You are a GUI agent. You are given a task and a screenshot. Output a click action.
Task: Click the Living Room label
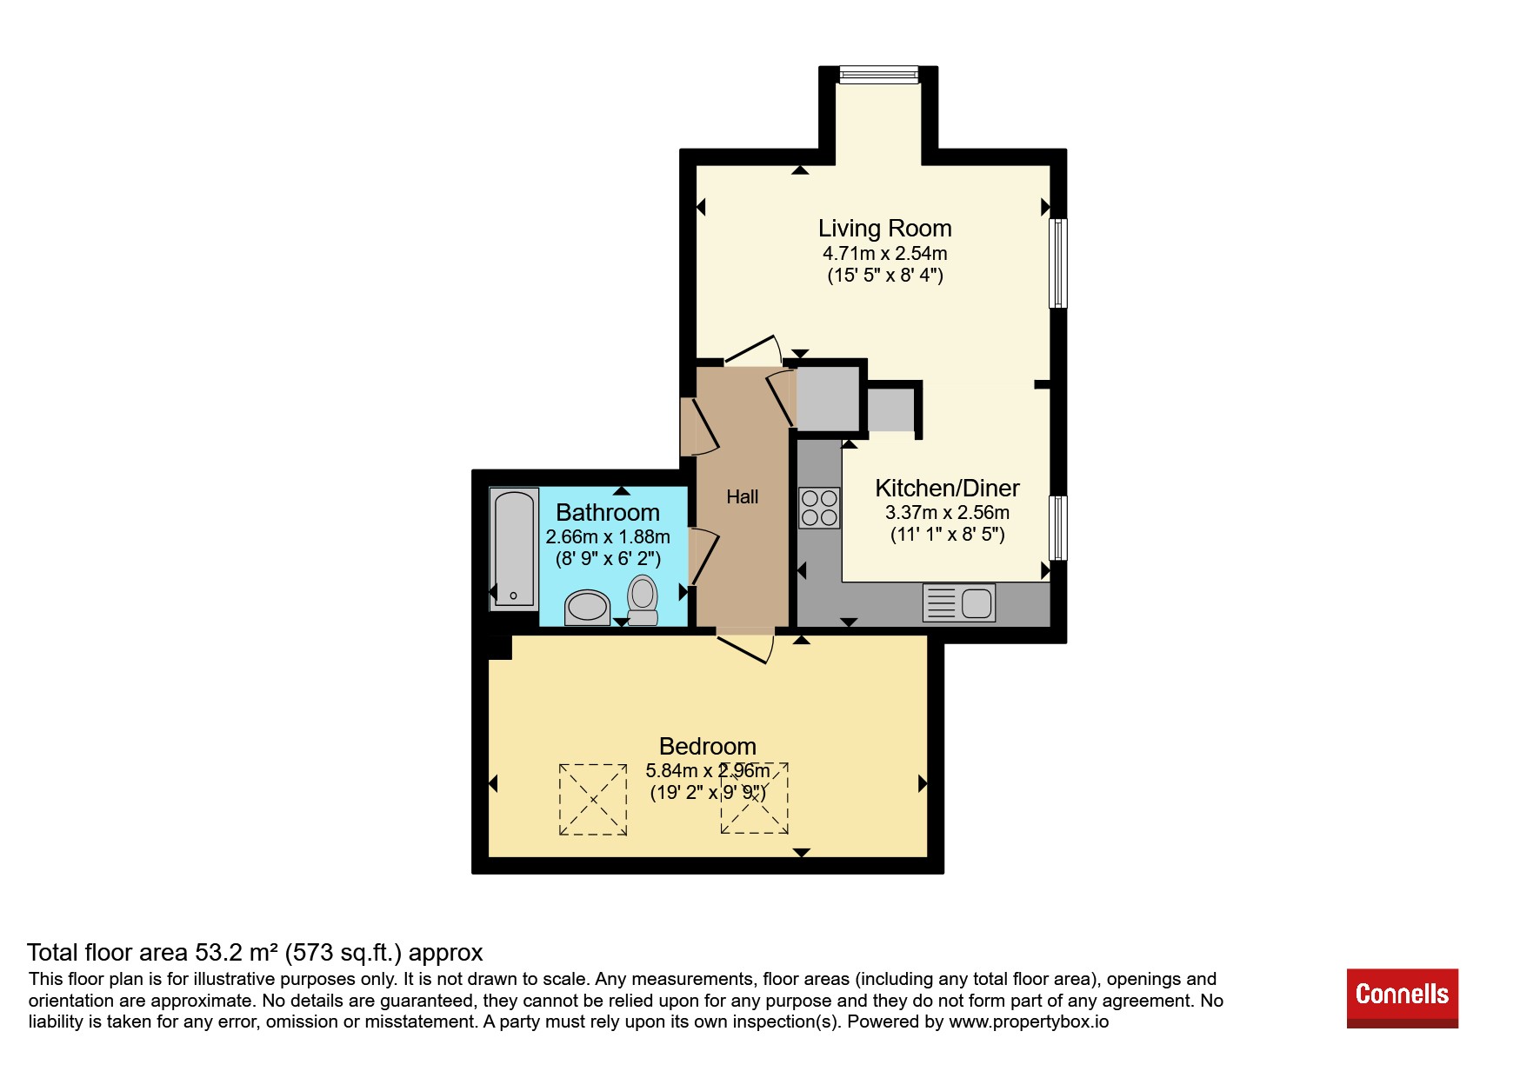[x=884, y=229]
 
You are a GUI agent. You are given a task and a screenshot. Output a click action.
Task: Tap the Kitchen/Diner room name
[x=947, y=489]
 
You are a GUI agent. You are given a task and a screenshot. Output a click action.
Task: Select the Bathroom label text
[x=608, y=513]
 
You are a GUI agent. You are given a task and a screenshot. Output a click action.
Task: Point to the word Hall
[x=743, y=496]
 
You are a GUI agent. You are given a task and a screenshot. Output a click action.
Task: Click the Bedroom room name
[x=708, y=747]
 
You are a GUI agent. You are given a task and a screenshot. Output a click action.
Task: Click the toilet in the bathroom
[x=643, y=600]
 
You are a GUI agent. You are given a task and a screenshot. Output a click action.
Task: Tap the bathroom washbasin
[x=587, y=608]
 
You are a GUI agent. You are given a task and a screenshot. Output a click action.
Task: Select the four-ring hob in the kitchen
[x=819, y=508]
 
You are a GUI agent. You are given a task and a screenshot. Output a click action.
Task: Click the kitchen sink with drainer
[x=959, y=602]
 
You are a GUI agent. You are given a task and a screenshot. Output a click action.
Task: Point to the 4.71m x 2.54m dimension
[x=885, y=254]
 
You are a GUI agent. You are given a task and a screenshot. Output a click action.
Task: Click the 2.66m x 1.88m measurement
[x=608, y=537]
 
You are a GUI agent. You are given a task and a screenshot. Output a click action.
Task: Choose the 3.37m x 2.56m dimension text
[x=947, y=513]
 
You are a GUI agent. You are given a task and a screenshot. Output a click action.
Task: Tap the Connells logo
[x=1402, y=998]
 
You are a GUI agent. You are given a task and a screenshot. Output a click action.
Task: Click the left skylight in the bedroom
[x=593, y=800]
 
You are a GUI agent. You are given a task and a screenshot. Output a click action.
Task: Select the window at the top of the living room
[x=878, y=75]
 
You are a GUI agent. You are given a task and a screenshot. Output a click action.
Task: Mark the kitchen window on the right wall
[x=1058, y=528]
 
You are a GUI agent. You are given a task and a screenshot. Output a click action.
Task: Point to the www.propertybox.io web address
[x=1029, y=1022]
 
